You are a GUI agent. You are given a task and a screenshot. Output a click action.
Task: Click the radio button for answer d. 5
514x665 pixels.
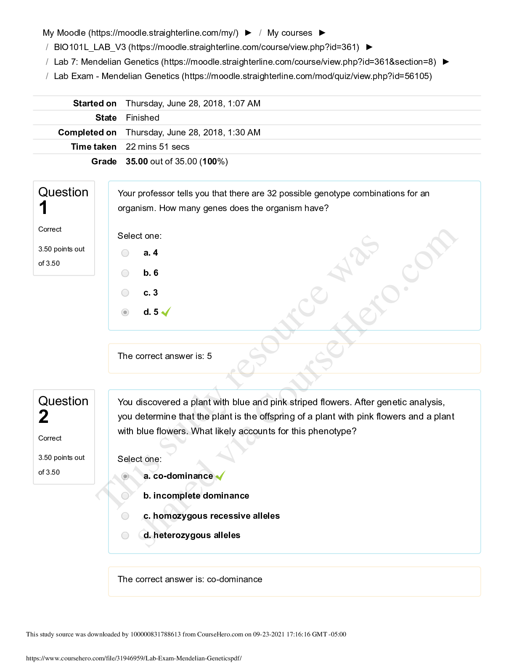(125, 312)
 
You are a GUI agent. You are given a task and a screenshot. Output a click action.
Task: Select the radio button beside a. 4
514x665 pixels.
(125, 253)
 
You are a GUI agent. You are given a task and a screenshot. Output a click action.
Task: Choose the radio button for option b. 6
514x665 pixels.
(125, 273)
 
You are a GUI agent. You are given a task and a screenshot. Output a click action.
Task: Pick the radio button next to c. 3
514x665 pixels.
(125, 293)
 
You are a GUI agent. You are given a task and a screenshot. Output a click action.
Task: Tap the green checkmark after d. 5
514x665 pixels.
(166, 312)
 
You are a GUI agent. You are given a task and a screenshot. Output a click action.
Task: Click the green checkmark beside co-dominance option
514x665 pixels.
(220, 476)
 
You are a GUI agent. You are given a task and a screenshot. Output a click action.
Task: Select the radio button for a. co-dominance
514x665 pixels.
(125, 476)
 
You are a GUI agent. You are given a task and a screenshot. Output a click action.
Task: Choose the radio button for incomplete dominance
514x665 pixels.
(125, 496)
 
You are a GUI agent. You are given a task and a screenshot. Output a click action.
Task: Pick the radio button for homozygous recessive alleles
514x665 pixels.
(125, 516)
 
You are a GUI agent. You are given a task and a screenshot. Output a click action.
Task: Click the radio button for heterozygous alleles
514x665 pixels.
(125, 536)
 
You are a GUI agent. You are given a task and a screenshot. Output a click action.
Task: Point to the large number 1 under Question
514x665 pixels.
(43, 208)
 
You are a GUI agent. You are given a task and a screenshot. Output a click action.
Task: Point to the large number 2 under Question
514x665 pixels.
(44, 417)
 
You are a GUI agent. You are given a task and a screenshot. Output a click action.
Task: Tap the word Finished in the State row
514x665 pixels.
(143, 118)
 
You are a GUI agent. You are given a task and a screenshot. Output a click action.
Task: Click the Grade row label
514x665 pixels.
(104, 161)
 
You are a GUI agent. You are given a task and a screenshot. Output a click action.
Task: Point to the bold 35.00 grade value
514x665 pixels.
(137, 161)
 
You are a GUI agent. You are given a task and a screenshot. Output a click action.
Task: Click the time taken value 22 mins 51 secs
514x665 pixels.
(158, 147)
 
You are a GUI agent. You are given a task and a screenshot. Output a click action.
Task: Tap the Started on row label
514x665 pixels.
(95, 103)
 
